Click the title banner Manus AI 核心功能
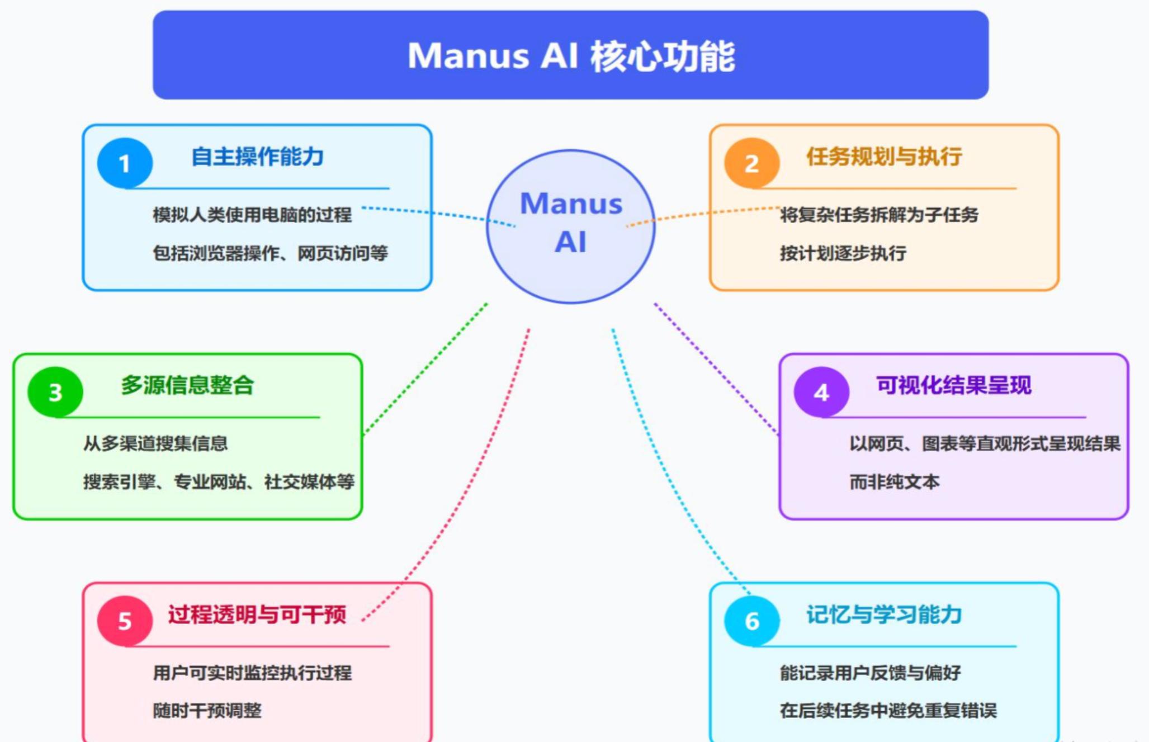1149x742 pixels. pyautogui.click(x=570, y=55)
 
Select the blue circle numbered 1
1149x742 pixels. pyautogui.click(x=125, y=163)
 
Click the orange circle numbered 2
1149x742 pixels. pyautogui.click(x=751, y=163)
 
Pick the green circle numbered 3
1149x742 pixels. pyautogui.click(x=55, y=392)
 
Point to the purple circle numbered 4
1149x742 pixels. pyautogui.click(x=821, y=392)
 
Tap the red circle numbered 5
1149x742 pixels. pyautogui.click(x=125, y=621)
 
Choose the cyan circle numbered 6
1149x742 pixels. pyautogui.click(x=751, y=621)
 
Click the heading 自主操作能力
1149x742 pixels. pyautogui.click(x=257, y=157)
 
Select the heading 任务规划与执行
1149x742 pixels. pyautogui.click(x=883, y=157)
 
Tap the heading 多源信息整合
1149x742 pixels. pyautogui.click(x=187, y=385)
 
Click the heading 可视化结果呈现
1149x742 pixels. pyautogui.click(x=953, y=385)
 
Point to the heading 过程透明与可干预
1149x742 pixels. pyautogui.click(x=257, y=615)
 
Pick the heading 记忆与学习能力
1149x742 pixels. pyautogui.click(x=883, y=615)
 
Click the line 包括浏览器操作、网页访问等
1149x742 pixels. pyautogui.click(x=270, y=253)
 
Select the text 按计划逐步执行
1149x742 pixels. pyautogui.click(x=843, y=253)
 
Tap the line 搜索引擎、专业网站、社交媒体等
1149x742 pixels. pyautogui.click(x=219, y=481)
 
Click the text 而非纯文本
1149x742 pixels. pyautogui.click(x=894, y=481)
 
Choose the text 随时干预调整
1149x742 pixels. pyautogui.click(x=207, y=711)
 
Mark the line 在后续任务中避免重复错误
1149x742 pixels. pyautogui.click(x=888, y=711)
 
